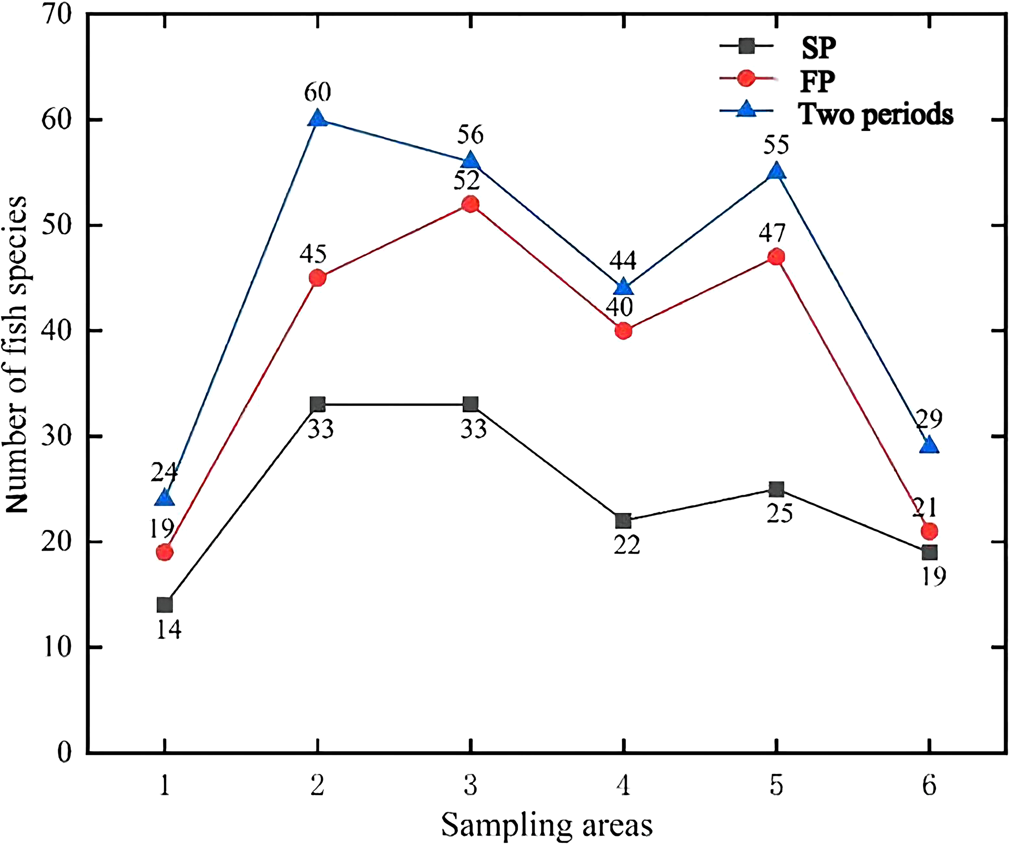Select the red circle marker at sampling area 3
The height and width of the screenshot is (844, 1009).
click(470, 204)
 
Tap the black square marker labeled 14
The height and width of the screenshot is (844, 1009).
click(165, 605)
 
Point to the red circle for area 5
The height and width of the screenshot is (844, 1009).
click(776, 257)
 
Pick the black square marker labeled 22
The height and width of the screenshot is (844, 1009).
click(623, 521)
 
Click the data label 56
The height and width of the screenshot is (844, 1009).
click(470, 135)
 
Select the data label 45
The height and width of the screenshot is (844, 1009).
click(313, 254)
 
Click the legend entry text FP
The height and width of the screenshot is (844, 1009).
click(817, 81)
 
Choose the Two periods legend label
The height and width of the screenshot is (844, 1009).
click(875, 115)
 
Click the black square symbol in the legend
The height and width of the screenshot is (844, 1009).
click(746, 46)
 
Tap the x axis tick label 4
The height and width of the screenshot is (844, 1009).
click(623, 786)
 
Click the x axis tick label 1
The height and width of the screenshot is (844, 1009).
click(165, 786)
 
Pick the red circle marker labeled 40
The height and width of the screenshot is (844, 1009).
click(623, 331)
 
